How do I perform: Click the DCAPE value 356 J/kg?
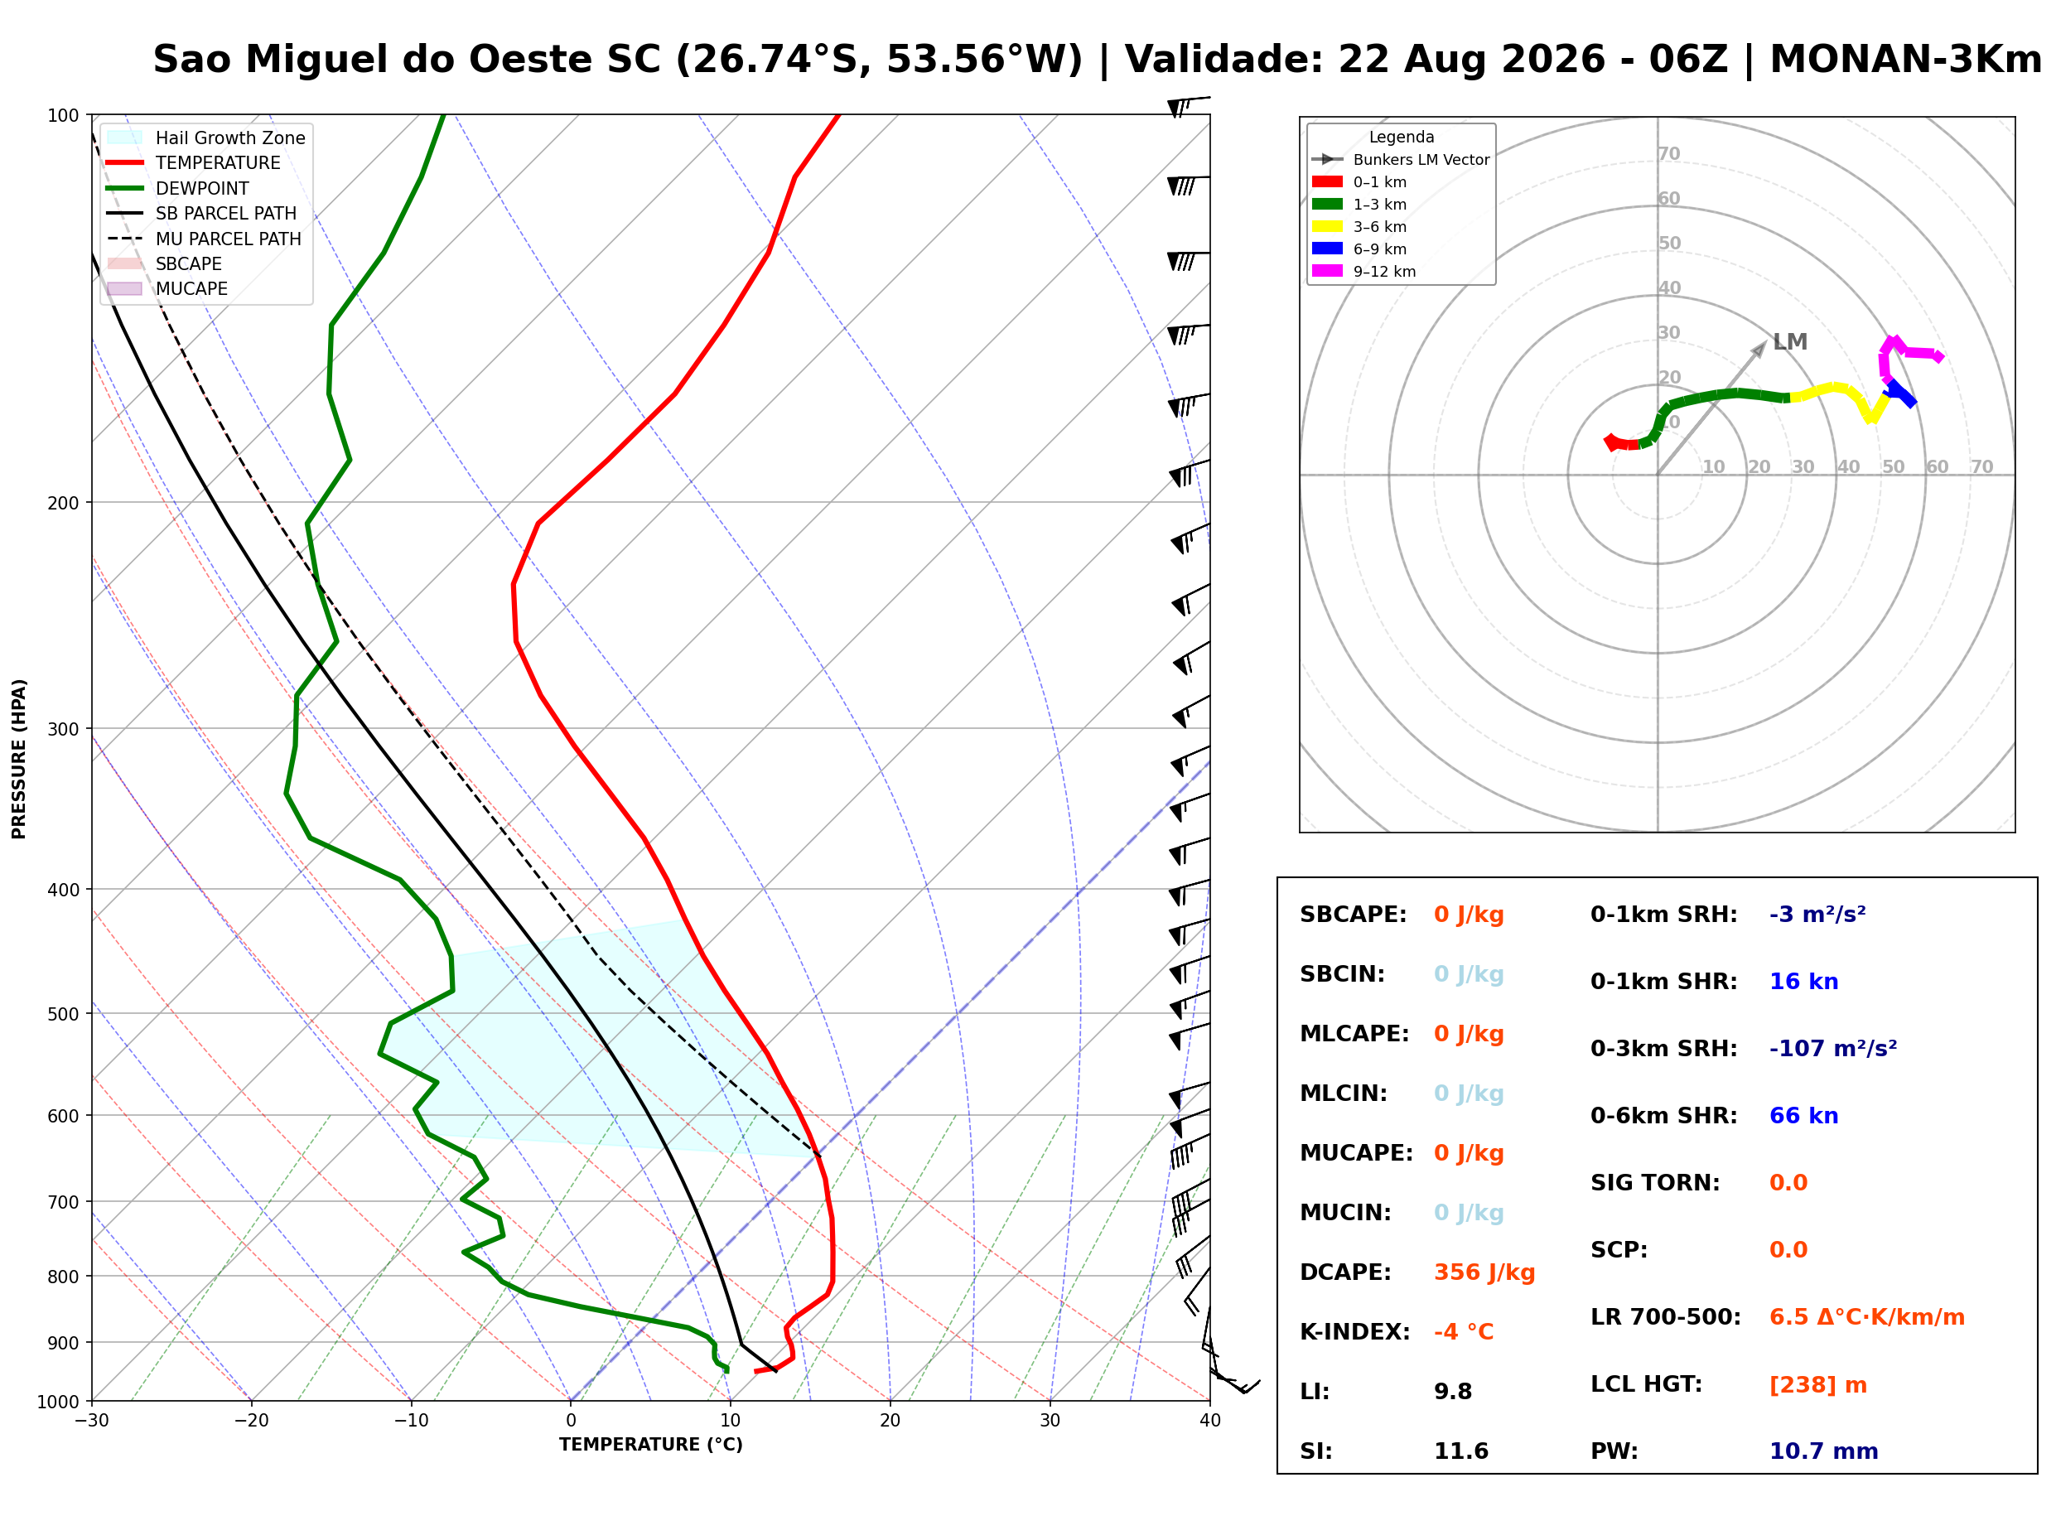(1484, 1272)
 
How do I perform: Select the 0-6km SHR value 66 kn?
(1803, 1115)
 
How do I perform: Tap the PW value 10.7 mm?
(1823, 1451)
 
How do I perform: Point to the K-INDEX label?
(1354, 1331)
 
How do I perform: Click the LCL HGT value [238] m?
(1817, 1385)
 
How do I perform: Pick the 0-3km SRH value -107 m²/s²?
(1832, 1048)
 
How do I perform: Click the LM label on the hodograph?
(1789, 342)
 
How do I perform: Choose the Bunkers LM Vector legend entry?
(1400, 160)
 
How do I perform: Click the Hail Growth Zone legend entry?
(206, 138)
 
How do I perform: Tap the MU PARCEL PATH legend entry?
(205, 239)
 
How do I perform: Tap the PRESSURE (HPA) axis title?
(19, 758)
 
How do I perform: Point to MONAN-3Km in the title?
(1904, 60)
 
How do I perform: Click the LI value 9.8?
(1452, 1391)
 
